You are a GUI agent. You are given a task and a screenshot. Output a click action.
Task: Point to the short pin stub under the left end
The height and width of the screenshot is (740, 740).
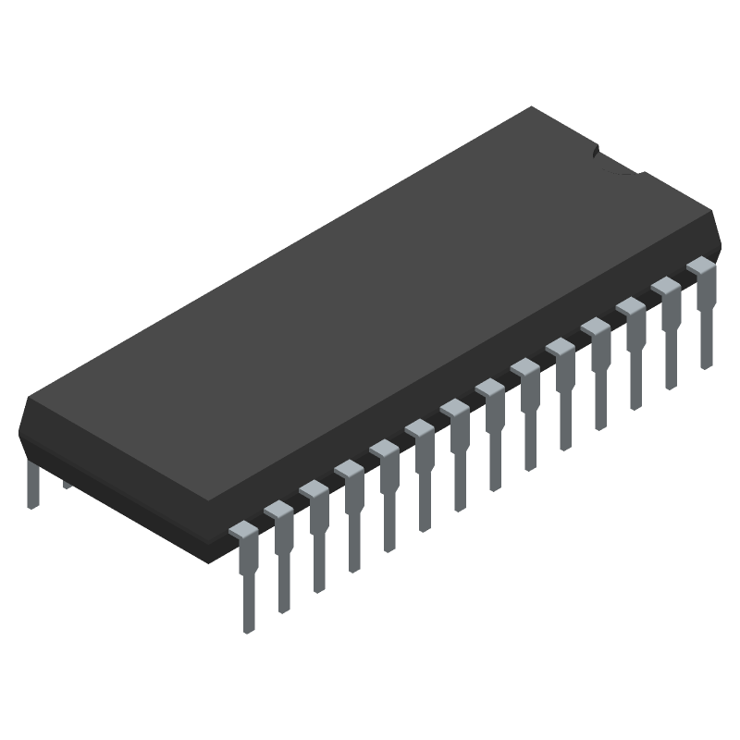pyautogui.click(x=66, y=483)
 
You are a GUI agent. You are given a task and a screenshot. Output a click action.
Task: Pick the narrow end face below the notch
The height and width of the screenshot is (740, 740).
pyautogui.click(x=680, y=208)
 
